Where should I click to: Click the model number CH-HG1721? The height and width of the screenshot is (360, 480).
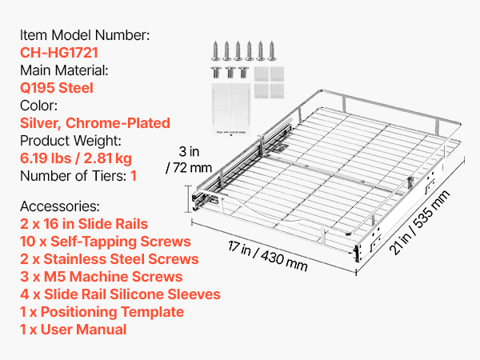[59, 52]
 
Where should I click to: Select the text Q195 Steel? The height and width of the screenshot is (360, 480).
[57, 88]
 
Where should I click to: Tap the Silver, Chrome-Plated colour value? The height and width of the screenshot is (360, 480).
[95, 123]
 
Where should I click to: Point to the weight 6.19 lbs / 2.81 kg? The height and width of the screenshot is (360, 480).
[76, 158]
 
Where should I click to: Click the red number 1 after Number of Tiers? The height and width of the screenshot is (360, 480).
[134, 176]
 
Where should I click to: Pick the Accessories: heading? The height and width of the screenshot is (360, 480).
[60, 206]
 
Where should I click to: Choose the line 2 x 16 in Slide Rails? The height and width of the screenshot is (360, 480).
[84, 224]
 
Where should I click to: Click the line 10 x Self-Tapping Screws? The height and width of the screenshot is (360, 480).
[106, 242]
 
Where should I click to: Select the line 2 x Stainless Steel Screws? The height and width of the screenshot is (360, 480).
[110, 259]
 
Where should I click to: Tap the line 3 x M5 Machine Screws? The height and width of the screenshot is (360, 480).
[102, 277]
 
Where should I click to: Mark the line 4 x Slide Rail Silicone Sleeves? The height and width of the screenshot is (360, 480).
[120, 294]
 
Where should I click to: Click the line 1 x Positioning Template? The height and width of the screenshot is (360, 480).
[102, 312]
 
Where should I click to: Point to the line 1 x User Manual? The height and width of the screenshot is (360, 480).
[73, 330]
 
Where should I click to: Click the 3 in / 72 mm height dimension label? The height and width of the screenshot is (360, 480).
[189, 159]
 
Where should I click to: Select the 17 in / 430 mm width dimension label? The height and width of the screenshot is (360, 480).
[267, 256]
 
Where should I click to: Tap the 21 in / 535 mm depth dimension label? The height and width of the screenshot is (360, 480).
[420, 222]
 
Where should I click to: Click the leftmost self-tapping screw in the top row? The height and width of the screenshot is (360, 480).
[215, 51]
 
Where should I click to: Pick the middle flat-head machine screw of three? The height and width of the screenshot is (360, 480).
[230, 73]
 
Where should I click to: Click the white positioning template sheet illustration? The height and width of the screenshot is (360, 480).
[231, 110]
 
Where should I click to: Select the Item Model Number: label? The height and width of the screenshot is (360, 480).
[85, 35]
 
